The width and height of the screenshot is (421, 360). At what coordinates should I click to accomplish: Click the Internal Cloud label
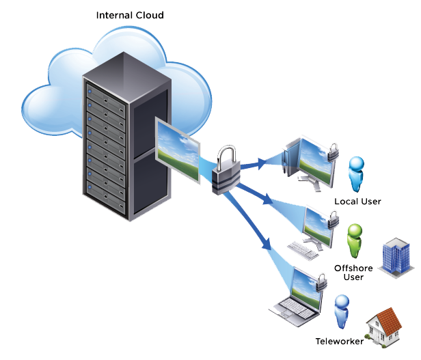coord(130,15)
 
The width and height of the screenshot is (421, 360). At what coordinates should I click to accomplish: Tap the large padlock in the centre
coord(224,171)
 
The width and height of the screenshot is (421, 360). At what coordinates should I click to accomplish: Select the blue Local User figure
coord(356,175)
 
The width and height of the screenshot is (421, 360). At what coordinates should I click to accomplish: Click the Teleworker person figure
coord(340,313)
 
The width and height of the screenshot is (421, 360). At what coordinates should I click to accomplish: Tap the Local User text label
coord(357,202)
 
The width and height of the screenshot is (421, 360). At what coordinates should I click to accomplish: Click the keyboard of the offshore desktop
coord(303,250)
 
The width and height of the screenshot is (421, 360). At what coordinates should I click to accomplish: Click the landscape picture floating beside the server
coord(178,150)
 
